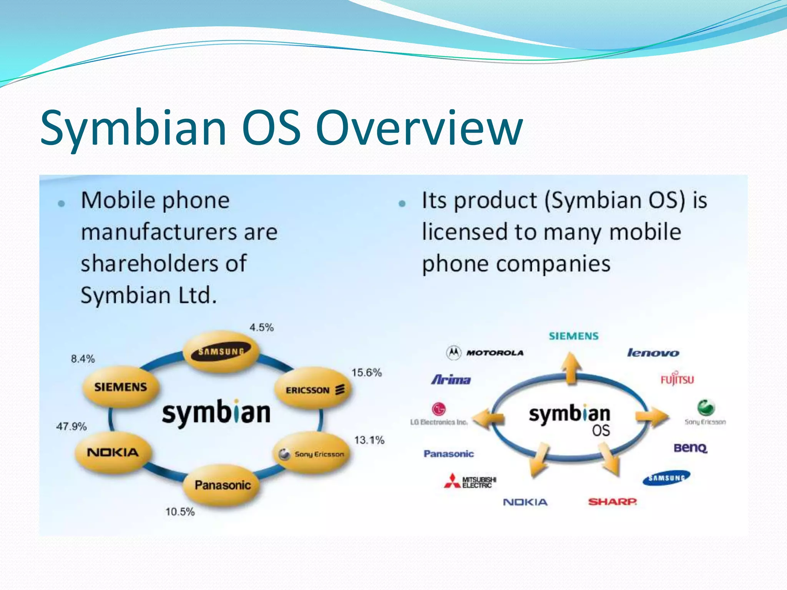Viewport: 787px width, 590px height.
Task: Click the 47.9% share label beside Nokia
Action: point(71,426)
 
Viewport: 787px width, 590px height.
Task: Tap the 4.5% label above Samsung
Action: point(261,328)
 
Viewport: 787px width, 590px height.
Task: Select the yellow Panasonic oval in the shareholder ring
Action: point(222,485)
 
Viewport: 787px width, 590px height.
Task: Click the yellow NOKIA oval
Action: point(113,452)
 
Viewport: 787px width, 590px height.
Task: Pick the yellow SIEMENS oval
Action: point(121,387)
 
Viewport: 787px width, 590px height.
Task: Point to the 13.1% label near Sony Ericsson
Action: point(369,440)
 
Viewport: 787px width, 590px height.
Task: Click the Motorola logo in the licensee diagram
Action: point(485,353)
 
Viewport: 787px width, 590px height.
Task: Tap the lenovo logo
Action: point(653,353)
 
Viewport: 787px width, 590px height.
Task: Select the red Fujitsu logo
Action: point(677,379)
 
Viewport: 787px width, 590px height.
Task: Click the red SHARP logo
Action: point(612,502)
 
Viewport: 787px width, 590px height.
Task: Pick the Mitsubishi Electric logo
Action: point(470,482)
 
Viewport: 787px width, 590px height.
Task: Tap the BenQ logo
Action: point(690,448)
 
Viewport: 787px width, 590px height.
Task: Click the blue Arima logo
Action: point(451,380)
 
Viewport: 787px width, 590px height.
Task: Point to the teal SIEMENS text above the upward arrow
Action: point(573,336)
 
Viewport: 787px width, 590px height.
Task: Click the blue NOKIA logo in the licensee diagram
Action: point(525,502)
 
